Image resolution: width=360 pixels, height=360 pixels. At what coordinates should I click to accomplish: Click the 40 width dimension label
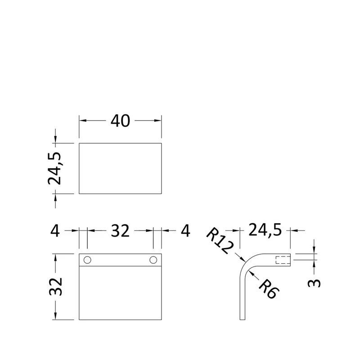120,121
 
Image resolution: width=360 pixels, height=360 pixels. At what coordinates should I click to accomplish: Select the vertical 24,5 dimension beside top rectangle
54,168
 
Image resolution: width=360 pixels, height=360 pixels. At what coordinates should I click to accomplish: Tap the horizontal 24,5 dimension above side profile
265,230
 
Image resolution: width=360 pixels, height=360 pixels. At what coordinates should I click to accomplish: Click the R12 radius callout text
220,241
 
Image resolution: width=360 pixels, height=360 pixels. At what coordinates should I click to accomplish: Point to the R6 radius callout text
269,289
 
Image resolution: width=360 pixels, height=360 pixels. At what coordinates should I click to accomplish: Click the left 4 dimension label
55,231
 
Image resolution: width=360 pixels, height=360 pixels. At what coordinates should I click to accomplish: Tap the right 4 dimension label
185,231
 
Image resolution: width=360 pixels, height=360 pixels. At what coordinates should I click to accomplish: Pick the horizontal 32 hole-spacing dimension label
120,231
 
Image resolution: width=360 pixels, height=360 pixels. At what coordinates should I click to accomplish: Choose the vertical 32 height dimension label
55,287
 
